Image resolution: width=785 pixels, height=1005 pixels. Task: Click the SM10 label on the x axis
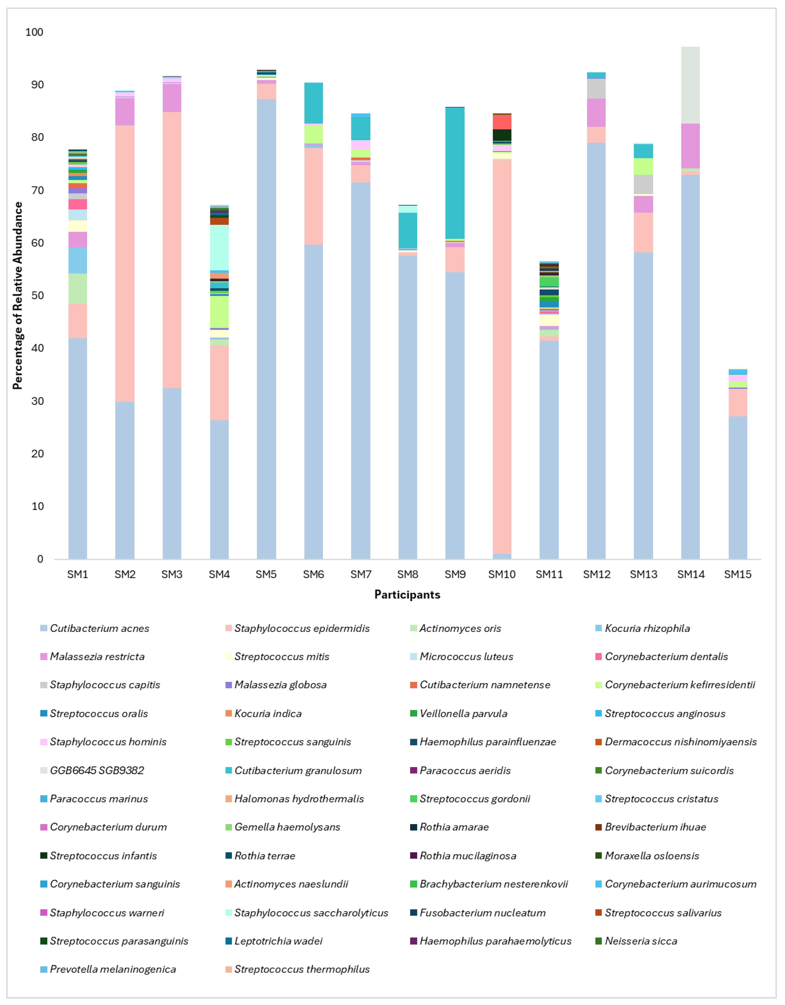[x=502, y=574]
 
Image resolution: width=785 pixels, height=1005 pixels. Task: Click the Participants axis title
[x=407, y=595]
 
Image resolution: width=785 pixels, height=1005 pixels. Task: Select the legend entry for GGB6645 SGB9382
[x=97, y=770]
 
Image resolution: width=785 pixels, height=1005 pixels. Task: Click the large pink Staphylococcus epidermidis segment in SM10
[x=502, y=357]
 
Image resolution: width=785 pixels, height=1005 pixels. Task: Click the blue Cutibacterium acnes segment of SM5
[x=266, y=329]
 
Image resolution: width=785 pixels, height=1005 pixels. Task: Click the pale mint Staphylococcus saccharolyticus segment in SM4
[x=219, y=247]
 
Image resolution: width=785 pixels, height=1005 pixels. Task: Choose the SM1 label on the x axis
[x=77, y=574]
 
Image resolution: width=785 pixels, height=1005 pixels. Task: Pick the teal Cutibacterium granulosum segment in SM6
[x=314, y=103]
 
